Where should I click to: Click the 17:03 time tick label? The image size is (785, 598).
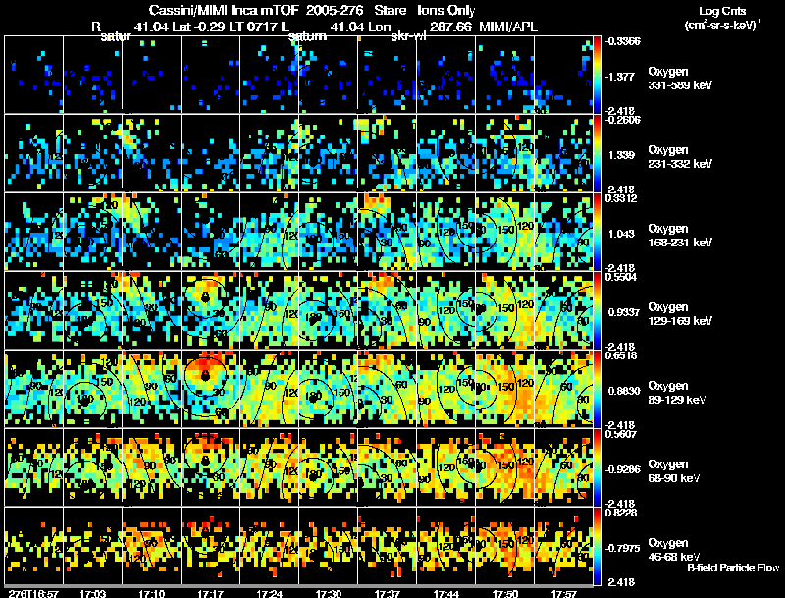click(93, 592)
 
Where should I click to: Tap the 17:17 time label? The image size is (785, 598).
click(211, 592)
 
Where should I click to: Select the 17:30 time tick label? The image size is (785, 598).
click(329, 592)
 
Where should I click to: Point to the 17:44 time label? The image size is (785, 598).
click(447, 592)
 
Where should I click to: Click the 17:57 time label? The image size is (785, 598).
click(564, 592)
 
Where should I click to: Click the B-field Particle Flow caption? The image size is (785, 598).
click(732, 568)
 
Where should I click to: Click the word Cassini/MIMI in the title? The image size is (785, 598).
click(183, 10)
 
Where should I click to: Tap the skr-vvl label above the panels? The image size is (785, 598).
click(407, 38)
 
